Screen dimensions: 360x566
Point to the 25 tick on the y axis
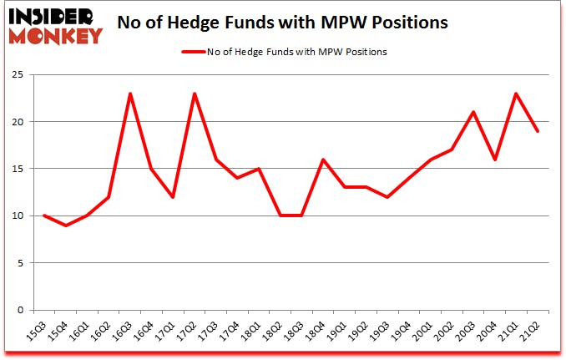(x=18, y=75)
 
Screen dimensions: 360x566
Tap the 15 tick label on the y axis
(x=18, y=169)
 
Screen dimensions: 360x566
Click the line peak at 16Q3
(x=130, y=94)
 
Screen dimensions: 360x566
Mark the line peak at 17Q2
(x=195, y=94)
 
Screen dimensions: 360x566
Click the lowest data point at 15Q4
(x=66, y=226)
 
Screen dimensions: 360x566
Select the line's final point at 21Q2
(x=538, y=131)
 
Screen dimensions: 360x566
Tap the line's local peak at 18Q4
(x=323, y=160)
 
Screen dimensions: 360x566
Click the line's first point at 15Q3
(x=44, y=215)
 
